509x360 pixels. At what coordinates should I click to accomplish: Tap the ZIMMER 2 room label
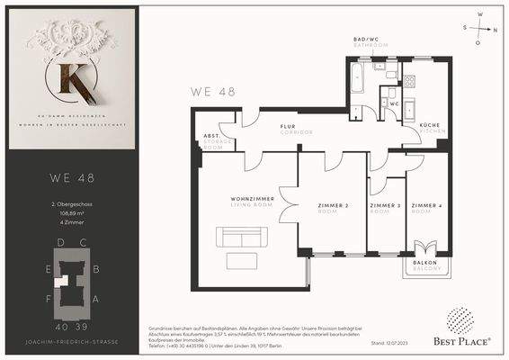(334, 209)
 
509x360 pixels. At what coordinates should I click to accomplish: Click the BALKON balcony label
(424, 265)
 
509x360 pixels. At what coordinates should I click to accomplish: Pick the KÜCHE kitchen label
(429, 128)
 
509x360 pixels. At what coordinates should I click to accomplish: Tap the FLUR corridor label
(288, 129)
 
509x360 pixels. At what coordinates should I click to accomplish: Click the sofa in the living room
(243, 238)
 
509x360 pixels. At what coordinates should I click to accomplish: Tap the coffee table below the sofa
(241, 261)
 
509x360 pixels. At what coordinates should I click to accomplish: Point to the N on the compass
(496, 29)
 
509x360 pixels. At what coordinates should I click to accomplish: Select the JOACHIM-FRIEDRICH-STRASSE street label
(70, 342)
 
